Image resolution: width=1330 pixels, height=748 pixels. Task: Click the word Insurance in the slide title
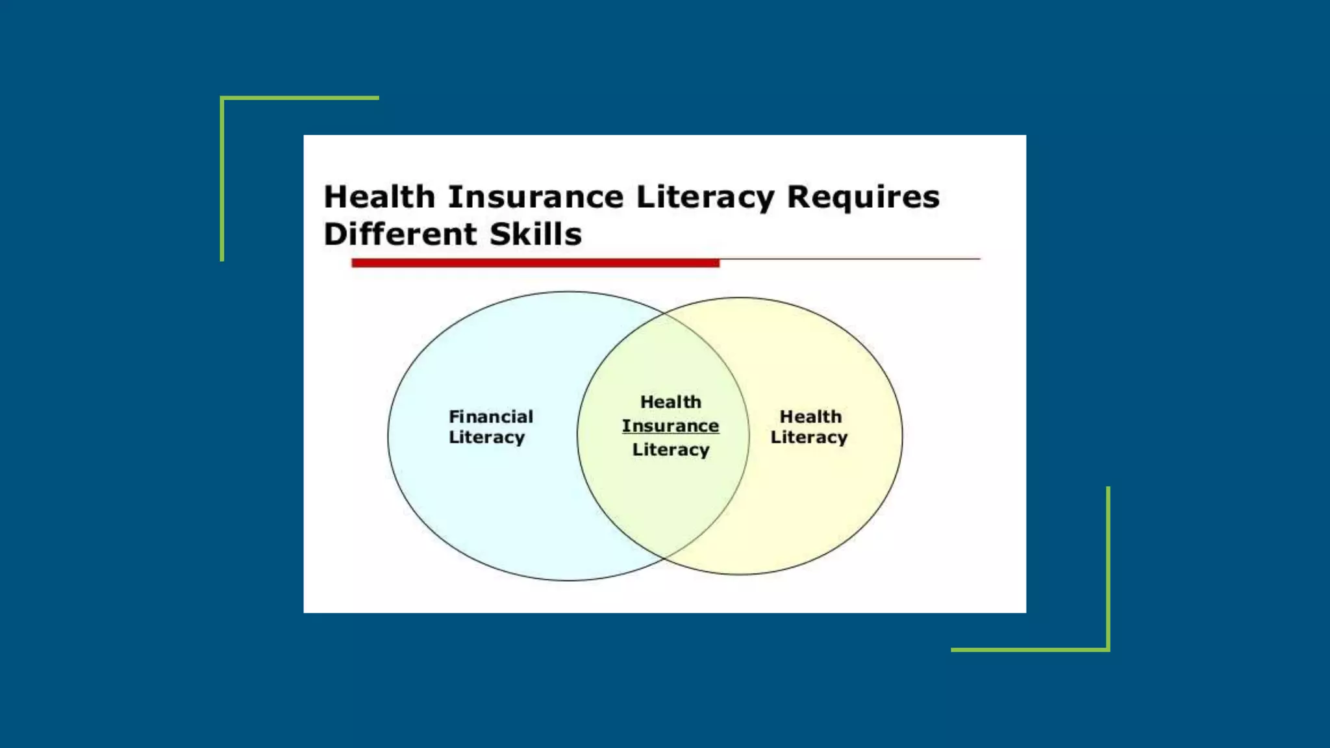[x=536, y=197]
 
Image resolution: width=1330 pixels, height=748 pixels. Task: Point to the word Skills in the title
[x=535, y=234]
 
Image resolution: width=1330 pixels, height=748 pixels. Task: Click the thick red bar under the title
[x=535, y=263]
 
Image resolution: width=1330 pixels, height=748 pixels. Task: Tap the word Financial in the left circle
[x=491, y=416]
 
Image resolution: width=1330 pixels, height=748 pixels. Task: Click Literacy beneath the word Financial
[x=486, y=438]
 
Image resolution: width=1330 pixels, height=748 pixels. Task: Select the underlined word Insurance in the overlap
[x=670, y=426]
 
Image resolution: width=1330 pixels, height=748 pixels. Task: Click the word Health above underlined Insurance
[x=671, y=402]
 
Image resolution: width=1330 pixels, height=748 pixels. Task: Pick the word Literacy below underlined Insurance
[x=671, y=449]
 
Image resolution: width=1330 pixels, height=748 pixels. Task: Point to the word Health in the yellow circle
[x=810, y=416]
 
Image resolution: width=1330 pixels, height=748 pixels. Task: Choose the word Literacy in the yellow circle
[x=809, y=438]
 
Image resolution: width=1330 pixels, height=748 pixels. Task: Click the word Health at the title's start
[x=379, y=197]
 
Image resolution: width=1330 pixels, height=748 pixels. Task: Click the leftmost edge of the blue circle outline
[x=388, y=436]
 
